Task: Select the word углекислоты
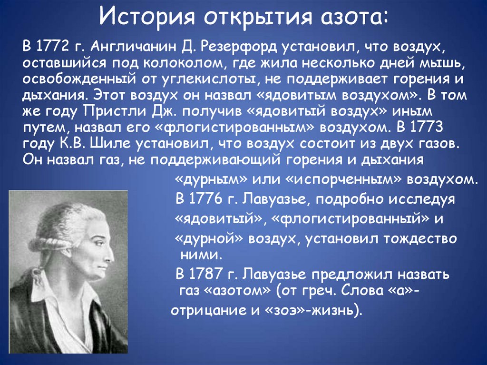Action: coord(204,79)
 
